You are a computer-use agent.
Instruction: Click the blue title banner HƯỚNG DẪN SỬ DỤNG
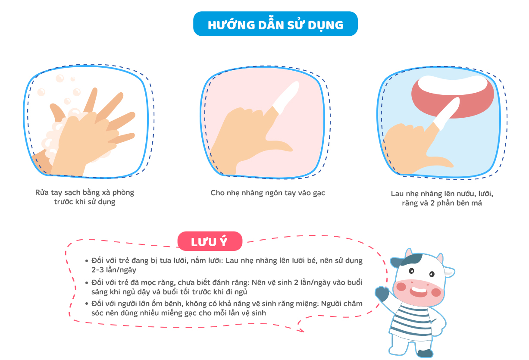[x=275, y=24]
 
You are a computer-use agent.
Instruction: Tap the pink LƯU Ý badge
[x=210, y=241]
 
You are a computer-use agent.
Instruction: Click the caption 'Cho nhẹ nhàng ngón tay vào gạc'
[x=268, y=193]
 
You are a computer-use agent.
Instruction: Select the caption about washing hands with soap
[x=85, y=197]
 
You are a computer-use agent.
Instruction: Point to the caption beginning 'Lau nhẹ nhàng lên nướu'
[x=442, y=198]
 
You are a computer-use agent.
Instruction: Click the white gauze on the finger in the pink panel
[x=286, y=97]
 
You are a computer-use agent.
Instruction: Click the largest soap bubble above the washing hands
[x=60, y=78]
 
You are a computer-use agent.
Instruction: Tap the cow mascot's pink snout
[x=418, y=292]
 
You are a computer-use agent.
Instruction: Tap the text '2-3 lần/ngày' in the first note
[x=114, y=270]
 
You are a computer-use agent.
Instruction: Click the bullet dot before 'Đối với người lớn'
[x=87, y=304]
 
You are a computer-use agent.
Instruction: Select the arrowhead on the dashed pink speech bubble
[x=301, y=331]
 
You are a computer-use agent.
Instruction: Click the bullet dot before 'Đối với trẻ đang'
[x=87, y=261]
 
